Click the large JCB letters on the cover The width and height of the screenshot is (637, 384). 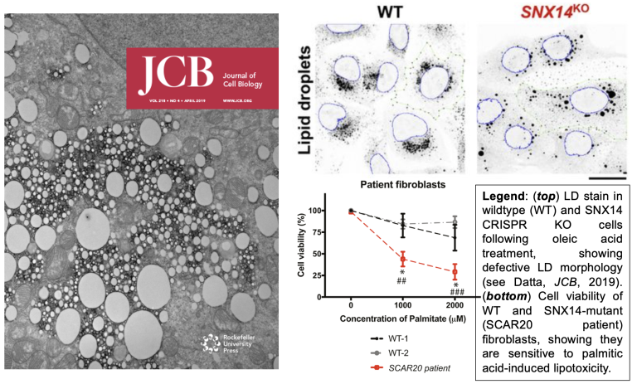[x=163, y=77]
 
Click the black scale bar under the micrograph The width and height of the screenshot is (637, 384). [x=605, y=177]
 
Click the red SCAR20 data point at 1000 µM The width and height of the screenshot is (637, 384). [x=402, y=259]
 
